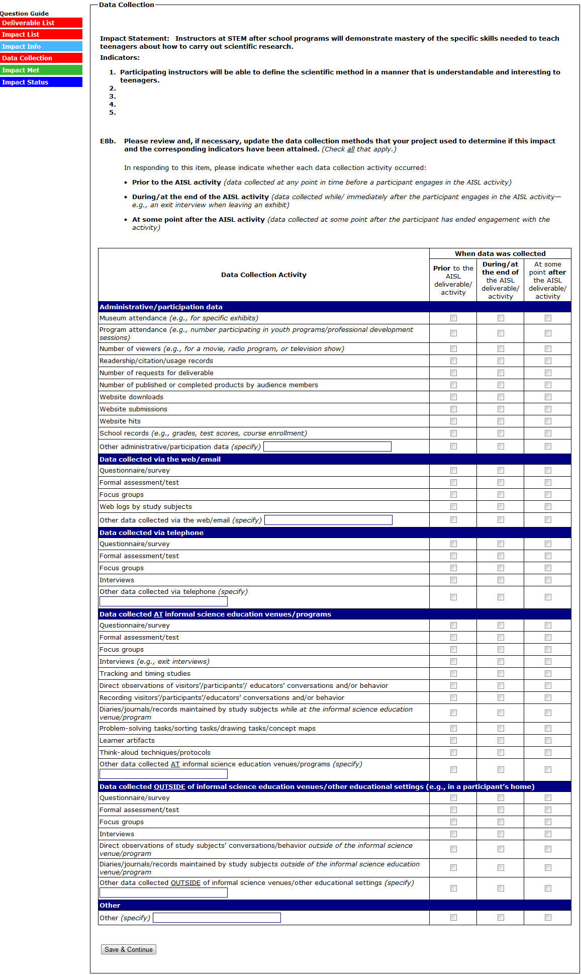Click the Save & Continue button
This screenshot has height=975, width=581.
pyautogui.click(x=129, y=949)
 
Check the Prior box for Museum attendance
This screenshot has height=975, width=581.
pyautogui.click(x=453, y=318)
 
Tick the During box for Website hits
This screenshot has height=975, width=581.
pyautogui.click(x=501, y=421)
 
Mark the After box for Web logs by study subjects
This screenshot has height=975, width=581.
pyautogui.click(x=548, y=506)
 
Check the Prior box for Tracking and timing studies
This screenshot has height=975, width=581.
pyautogui.click(x=453, y=673)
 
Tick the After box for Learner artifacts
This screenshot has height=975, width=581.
pyautogui.click(x=548, y=740)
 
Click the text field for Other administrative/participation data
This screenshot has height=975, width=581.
pyautogui.click(x=327, y=447)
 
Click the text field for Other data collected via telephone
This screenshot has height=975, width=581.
pyautogui.click(x=163, y=601)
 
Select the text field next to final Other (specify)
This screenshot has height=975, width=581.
pyautogui.click(x=217, y=918)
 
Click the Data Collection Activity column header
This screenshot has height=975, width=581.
pyautogui.click(x=264, y=275)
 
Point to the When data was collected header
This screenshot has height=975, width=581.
pyautogui.click(x=500, y=253)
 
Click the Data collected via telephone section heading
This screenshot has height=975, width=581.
pyautogui.click(x=152, y=533)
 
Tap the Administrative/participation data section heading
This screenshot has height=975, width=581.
pyautogui.click(x=161, y=307)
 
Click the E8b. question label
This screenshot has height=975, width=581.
pyautogui.click(x=108, y=141)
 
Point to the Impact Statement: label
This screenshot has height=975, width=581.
pyautogui.click(x=135, y=38)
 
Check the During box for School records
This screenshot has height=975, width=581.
pyautogui.click(x=501, y=433)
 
